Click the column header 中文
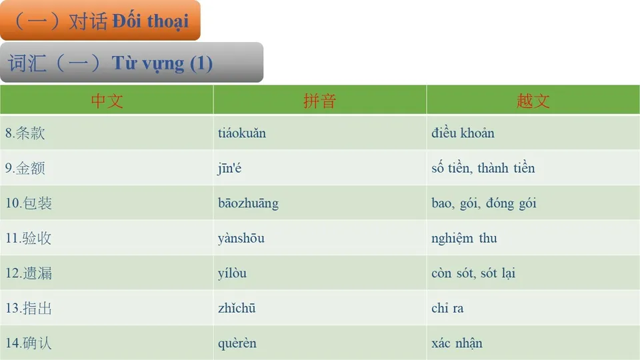click(x=107, y=101)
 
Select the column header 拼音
click(x=320, y=101)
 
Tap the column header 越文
click(x=533, y=101)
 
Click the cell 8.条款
click(x=25, y=133)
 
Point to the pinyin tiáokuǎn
click(x=241, y=133)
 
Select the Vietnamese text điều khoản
click(x=463, y=133)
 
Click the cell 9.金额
click(x=25, y=169)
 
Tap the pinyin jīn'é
click(x=229, y=169)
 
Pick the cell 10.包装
click(x=29, y=203)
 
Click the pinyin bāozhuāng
click(x=248, y=203)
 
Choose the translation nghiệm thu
click(x=464, y=239)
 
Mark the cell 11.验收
click(x=29, y=239)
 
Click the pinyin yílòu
click(x=232, y=273)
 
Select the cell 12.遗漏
click(x=29, y=273)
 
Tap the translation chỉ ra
click(x=447, y=309)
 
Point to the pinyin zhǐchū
click(x=237, y=309)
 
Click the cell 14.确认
click(x=29, y=344)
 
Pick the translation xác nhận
click(x=457, y=344)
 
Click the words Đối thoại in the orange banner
click(x=150, y=21)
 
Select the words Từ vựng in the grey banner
click(x=148, y=63)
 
